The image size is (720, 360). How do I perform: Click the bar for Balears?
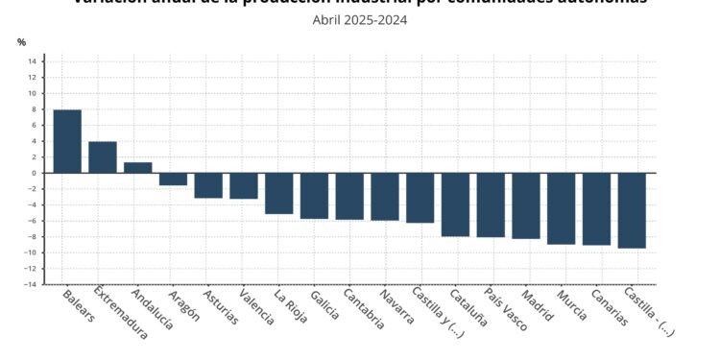67,141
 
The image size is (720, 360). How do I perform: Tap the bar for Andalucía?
138,168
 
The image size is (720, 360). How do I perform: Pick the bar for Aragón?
173,179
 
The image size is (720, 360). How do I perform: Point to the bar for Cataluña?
455,204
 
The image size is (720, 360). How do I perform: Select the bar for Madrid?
526,205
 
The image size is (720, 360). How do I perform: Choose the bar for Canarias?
596,209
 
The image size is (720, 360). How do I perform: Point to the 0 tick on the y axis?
35,173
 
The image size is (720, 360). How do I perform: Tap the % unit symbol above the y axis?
22,42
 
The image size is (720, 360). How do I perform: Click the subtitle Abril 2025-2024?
360,19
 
